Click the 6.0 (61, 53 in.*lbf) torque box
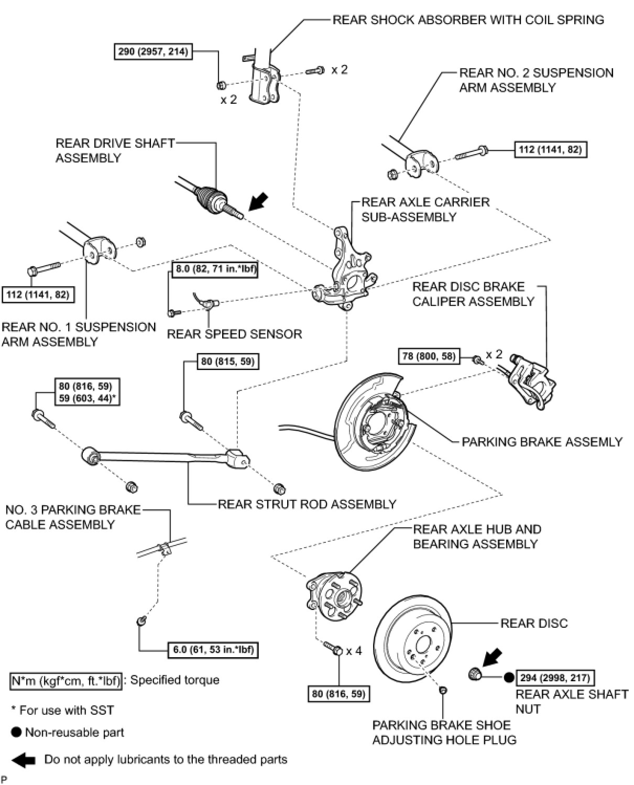213,650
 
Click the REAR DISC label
534,623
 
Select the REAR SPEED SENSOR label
234,334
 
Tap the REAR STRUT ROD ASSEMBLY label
307,504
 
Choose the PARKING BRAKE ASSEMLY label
542,442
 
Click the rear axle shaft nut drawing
475,674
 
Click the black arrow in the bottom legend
23,759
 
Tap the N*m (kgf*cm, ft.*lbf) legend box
66,681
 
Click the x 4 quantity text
354,651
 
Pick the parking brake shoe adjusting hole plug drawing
443,690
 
